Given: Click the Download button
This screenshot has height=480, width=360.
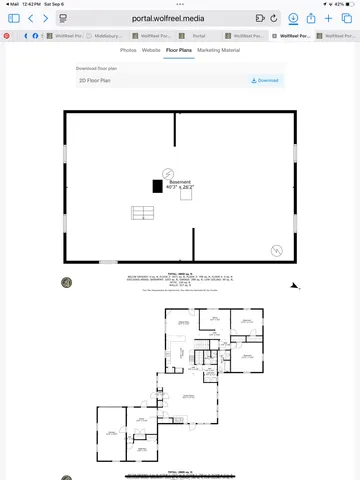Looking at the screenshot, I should pos(265,80).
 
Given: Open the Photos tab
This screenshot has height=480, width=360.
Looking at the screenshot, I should pos(128,49).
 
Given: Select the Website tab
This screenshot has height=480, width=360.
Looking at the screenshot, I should pos(151,49).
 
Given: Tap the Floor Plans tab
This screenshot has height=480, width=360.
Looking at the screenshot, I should pos(179,49).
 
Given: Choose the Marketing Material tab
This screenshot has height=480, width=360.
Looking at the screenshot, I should pos(218,49).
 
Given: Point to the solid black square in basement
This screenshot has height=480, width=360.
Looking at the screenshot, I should pos(157,186).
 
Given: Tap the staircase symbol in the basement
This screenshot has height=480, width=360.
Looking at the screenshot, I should pos(143,213).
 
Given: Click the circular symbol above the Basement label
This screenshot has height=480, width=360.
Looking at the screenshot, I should pos(168,172).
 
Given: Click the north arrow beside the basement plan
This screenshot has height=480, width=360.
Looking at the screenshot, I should pos(294,286).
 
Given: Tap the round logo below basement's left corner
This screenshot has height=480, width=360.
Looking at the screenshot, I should pos(67,283).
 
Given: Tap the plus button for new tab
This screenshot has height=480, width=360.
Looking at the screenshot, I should pos(330,18).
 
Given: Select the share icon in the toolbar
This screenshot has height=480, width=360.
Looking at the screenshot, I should pos(311,18).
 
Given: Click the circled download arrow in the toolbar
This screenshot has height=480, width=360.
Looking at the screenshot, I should pos(293,18).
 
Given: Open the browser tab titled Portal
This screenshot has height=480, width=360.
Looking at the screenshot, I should pos(199,35).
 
